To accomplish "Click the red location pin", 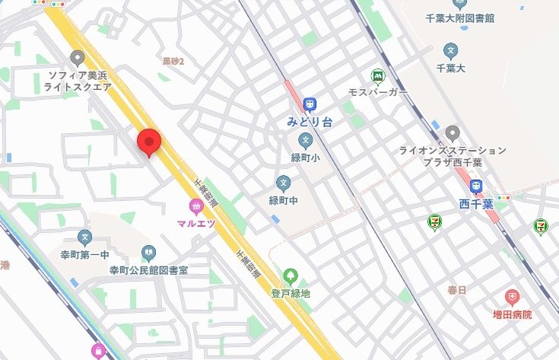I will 148,142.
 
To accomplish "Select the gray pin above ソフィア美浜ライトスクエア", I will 77,58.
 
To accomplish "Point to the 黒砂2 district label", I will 173,60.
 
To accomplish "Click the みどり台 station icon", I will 310,105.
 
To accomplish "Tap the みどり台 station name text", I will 309,121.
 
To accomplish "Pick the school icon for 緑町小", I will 305,140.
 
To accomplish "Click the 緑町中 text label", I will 284,200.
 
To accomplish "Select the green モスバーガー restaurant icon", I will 377,76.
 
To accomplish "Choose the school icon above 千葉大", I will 451,52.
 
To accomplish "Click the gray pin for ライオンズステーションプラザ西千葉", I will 453,133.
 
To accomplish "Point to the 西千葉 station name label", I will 476,203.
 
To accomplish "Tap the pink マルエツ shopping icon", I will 196,206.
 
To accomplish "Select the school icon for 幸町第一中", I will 84,238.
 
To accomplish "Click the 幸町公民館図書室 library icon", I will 148,252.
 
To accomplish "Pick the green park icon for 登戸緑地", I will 290,276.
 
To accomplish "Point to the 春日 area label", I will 457,290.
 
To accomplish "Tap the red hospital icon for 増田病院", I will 512,297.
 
